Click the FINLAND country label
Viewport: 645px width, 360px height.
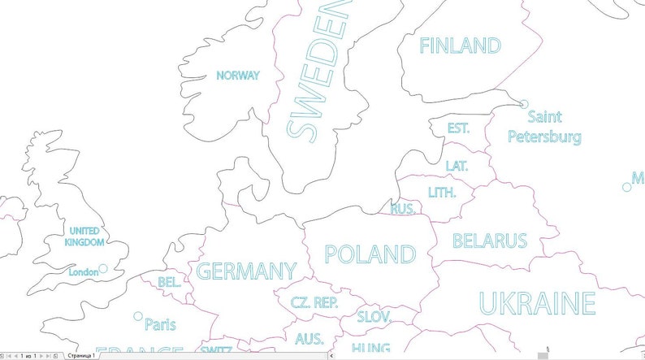click(x=459, y=46)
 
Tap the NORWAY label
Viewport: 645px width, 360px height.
click(x=238, y=76)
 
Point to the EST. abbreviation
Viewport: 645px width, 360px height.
click(x=459, y=128)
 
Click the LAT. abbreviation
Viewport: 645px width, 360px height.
click(x=457, y=166)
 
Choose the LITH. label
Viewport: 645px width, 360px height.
click(x=442, y=193)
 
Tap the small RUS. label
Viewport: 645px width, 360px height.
click(x=403, y=209)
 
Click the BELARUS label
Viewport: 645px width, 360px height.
click(x=490, y=241)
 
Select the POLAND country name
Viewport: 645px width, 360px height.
click(x=370, y=254)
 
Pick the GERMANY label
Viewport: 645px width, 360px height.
click(x=246, y=271)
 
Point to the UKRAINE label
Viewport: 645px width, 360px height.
click(x=537, y=303)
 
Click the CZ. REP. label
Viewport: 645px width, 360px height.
click(x=314, y=303)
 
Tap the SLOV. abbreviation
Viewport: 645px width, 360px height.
click(x=374, y=317)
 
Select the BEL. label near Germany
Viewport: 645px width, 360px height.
click(x=169, y=283)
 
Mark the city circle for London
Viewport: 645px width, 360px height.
click(x=103, y=268)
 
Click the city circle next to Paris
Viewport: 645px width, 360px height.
click(x=138, y=316)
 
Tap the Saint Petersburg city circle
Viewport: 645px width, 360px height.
click(x=524, y=104)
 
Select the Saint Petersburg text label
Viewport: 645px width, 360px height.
click(x=544, y=127)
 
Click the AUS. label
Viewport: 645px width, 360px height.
click(x=310, y=339)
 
